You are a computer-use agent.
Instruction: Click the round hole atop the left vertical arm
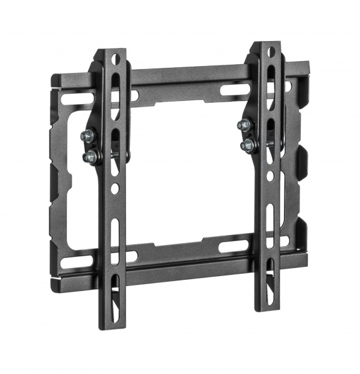tap(115, 59)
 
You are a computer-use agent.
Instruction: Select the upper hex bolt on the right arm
tap(244, 125)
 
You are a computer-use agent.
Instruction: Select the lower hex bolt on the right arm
tap(248, 145)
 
